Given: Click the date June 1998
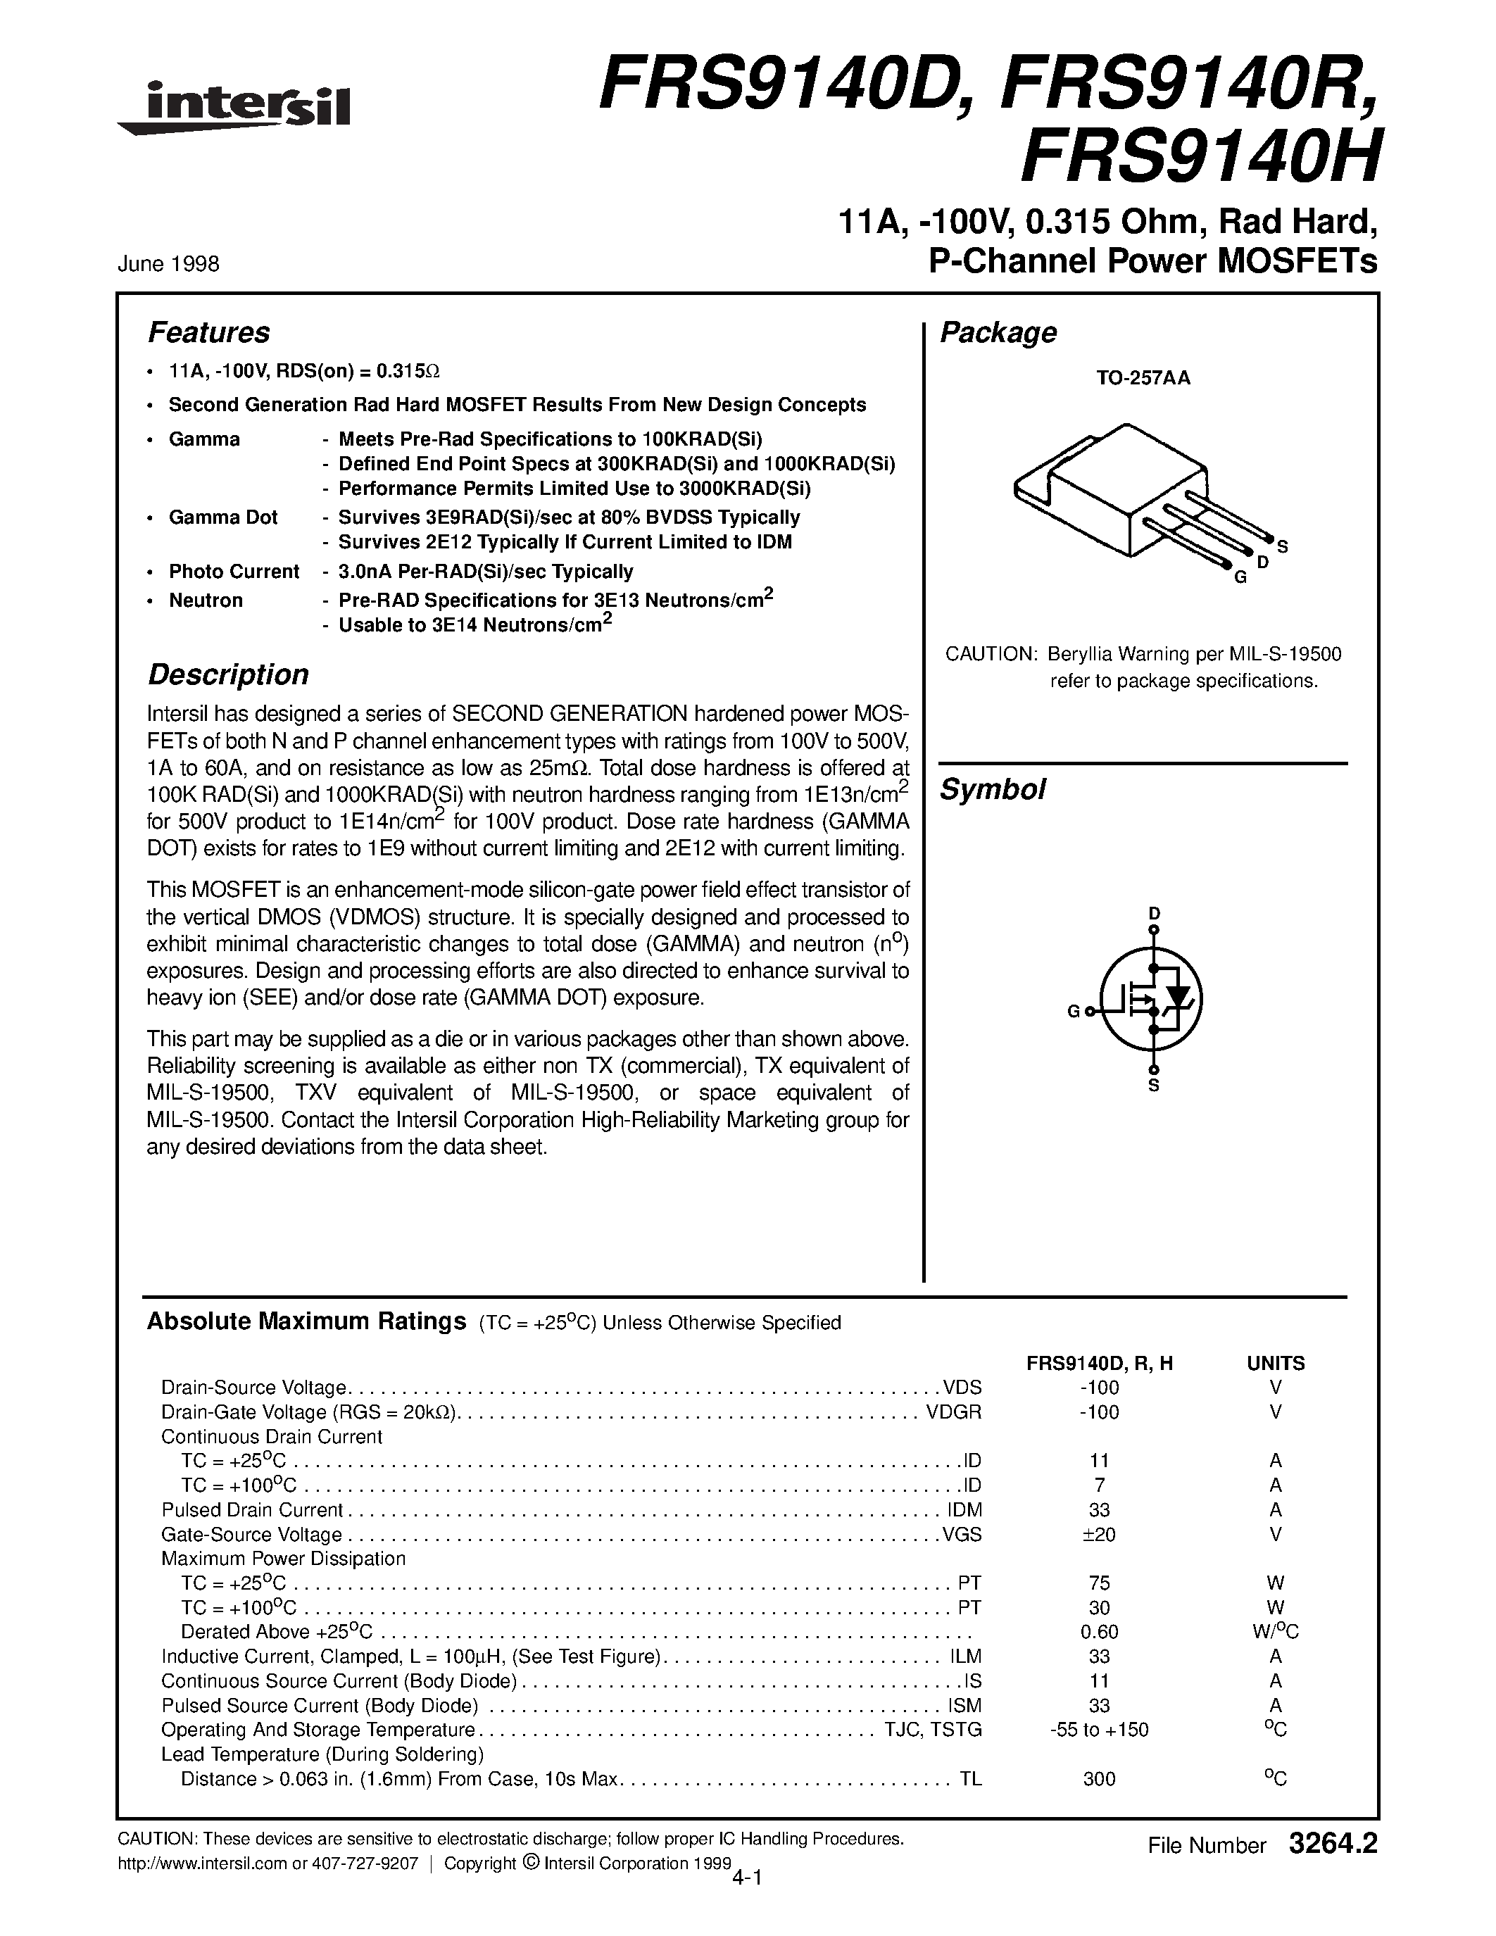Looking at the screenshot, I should pyautogui.click(x=168, y=264).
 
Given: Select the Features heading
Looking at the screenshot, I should pyautogui.click(x=208, y=333).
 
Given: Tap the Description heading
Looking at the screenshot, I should pyautogui.click(x=228, y=674).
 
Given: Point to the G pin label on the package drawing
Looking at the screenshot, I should pyautogui.click(x=1240, y=578).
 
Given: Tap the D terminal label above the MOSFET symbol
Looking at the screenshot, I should pyautogui.click(x=1154, y=913).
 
